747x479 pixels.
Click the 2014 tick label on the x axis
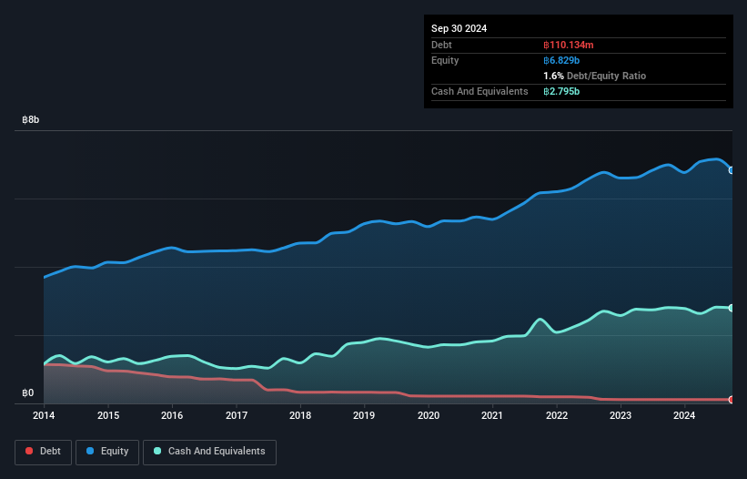[x=44, y=416]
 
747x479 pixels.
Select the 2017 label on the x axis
[x=236, y=416]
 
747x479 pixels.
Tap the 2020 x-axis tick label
[x=428, y=416]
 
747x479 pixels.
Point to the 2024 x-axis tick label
[x=684, y=416]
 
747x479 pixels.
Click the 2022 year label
[x=556, y=416]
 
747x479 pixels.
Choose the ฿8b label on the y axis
[x=31, y=120]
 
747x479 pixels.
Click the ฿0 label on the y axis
[x=28, y=393]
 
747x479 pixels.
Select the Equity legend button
[x=107, y=451]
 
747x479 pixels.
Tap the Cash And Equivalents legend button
[x=209, y=451]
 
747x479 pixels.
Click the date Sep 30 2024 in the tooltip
[x=459, y=28]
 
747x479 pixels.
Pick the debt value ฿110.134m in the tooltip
[x=569, y=45]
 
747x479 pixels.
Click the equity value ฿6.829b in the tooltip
[x=562, y=60]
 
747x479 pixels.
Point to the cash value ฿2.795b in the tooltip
[x=562, y=91]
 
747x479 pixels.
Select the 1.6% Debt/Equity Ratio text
[x=594, y=76]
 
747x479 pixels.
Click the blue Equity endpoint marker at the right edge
[x=732, y=169]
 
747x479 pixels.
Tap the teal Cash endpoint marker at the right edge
[x=732, y=308]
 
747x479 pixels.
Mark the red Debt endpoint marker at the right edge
[x=732, y=400]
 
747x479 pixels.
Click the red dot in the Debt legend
[x=30, y=451]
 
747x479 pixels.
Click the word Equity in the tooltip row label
[x=445, y=60]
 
